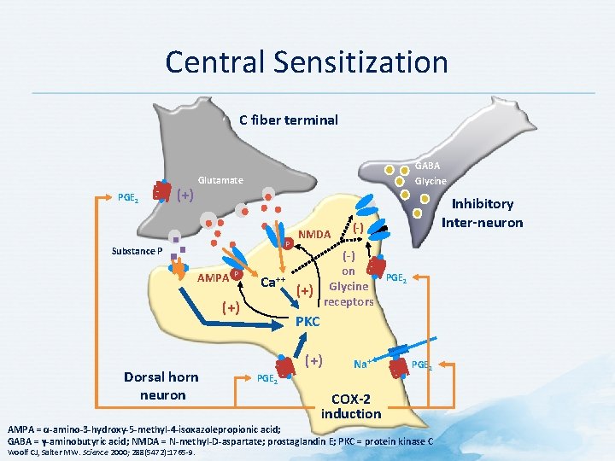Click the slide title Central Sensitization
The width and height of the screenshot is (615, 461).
(307, 62)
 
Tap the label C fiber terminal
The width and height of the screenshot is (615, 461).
(288, 120)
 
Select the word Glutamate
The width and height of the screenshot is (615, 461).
(220, 181)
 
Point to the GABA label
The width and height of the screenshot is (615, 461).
(428, 166)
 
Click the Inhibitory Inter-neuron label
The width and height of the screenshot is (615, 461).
(483, 213)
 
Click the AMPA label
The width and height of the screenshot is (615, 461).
(212, 277)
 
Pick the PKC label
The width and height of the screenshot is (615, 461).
(307, 322)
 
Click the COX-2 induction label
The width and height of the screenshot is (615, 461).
(351, 406)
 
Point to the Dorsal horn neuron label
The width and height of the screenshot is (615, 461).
(161, 386)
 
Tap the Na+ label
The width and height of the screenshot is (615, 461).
(362, 364)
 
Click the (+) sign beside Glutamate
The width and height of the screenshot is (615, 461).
(184, 195)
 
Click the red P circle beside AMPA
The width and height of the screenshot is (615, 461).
(235, 273)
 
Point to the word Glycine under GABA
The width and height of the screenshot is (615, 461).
(430, 181)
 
